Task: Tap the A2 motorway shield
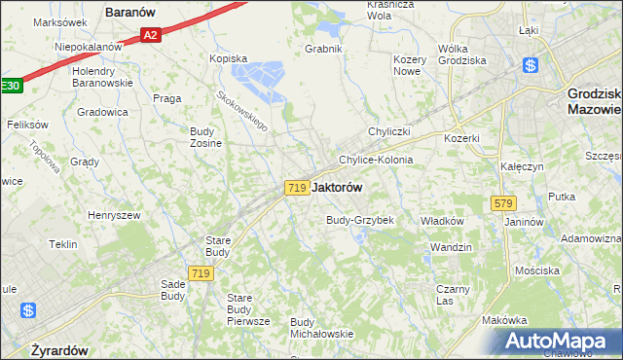click(x=149, y=35)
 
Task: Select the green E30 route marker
click(x=9, y=87)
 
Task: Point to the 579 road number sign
click(x=503, y=203)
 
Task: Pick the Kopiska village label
click(x=230, y=58)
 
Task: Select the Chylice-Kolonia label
click(x=376, y=160)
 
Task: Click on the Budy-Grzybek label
click(x=359, y=220)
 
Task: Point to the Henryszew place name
click(x=115, y=215)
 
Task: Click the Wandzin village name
click(x=451, y=247)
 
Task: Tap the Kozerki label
click(x=461, y=138)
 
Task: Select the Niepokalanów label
click(x=88, y=46)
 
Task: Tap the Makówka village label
click(x=504, y=320)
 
